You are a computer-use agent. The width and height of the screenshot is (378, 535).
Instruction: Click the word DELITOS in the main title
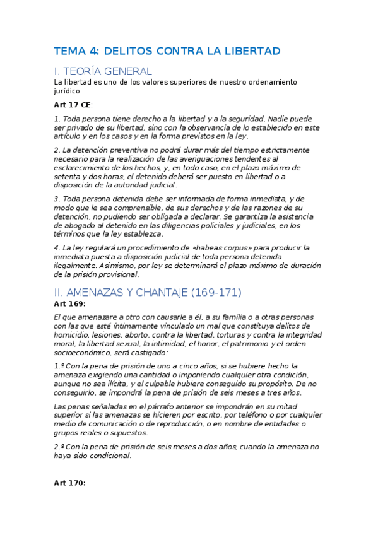(125, 51)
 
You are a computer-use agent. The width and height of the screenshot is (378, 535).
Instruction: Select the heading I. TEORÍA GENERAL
(103, 71)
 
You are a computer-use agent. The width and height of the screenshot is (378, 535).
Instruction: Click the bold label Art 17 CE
(73, 105)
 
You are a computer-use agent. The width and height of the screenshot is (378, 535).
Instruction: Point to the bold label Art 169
(69, 304)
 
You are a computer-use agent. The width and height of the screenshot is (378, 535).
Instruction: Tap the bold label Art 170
(69, 483)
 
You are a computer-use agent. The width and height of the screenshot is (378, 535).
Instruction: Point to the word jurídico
(67, 91)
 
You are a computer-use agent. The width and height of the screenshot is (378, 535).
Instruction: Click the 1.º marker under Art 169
(59, 366)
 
